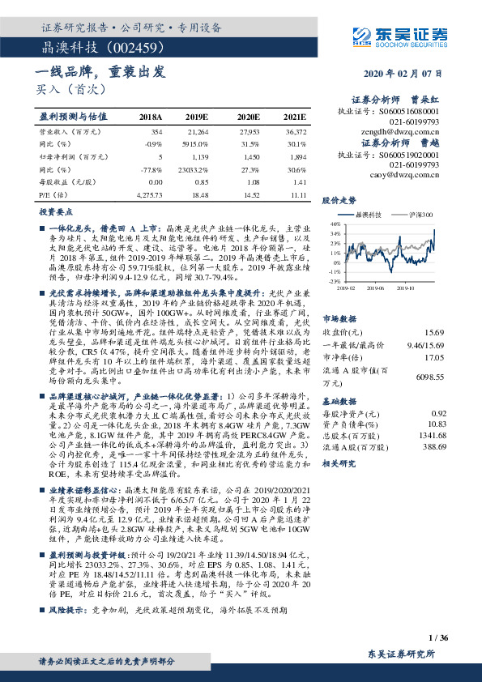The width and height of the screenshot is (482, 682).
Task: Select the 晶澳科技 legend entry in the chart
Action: click(365, 214)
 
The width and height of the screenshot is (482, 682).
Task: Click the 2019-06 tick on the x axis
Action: click(372, 286)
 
